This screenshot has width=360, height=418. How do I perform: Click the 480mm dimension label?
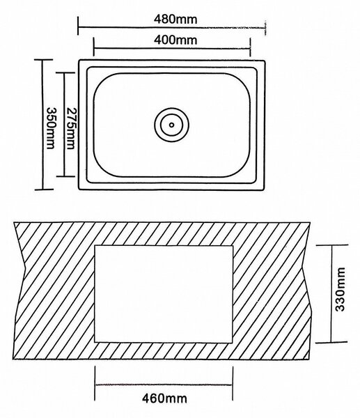tap(175, 20)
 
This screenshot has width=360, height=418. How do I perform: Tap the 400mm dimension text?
tap(175, 40)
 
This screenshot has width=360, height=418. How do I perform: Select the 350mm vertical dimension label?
tap(51, 128)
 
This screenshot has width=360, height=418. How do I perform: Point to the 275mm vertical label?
tap(70, 128)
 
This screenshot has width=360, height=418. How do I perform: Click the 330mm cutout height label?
tap(340, 289)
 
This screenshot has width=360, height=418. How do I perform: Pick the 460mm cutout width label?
tap(164, 398)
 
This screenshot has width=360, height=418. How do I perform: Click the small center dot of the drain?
tap(171, 125)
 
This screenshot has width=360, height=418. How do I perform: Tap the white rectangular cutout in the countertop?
tap(164, 294)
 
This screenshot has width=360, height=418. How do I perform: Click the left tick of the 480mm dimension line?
tap(78, 26)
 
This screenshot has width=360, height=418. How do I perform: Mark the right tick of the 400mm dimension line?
tap(250, 47)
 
